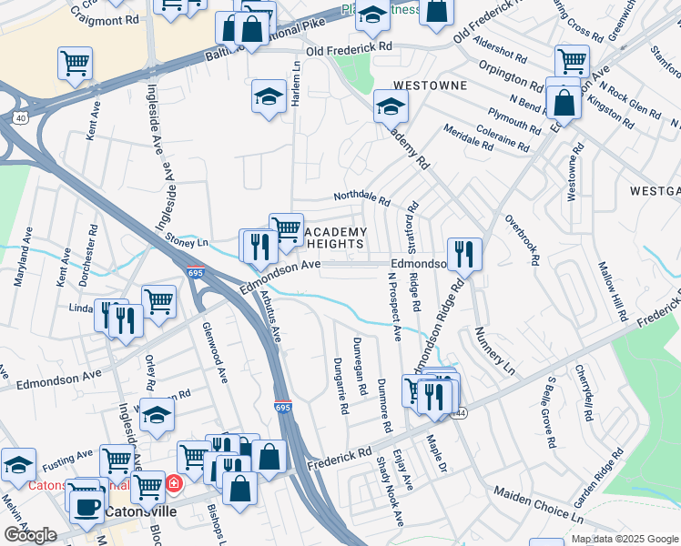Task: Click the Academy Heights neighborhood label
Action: [333, 238]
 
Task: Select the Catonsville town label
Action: [139, 512]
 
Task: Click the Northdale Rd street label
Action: [361, 197]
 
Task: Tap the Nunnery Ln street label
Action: [493, 349]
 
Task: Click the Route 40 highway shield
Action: [19, 117]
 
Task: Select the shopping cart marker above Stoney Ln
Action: [286, 229]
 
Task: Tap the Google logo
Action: [30, 535]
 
